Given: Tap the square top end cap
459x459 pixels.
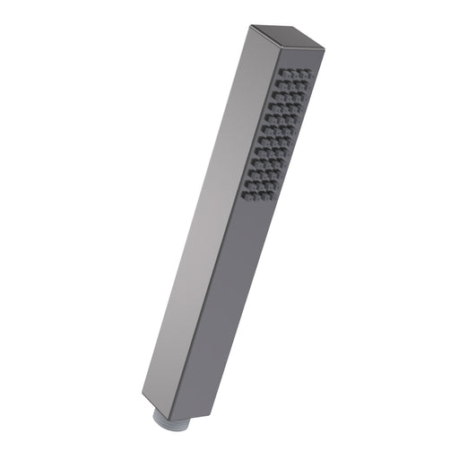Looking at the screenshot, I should coord(285,37).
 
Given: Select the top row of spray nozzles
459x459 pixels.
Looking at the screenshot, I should coord(295,73).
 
